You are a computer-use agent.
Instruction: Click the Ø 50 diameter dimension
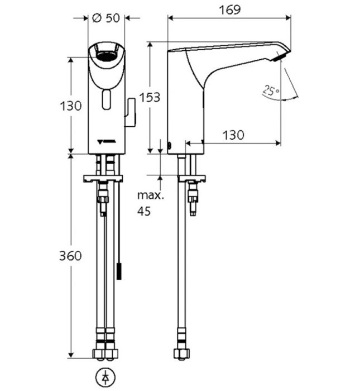click(106, 17)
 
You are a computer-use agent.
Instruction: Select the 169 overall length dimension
click(229, 9)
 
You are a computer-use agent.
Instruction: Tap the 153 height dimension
click(150, 97)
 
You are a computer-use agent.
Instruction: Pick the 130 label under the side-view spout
click(233, 135)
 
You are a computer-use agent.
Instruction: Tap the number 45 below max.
click(145, 212)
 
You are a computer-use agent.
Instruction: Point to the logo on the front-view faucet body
click(106, 141)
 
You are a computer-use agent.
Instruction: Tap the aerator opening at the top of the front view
click(106, 55)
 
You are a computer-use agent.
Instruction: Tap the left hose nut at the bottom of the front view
click(99, 354)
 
